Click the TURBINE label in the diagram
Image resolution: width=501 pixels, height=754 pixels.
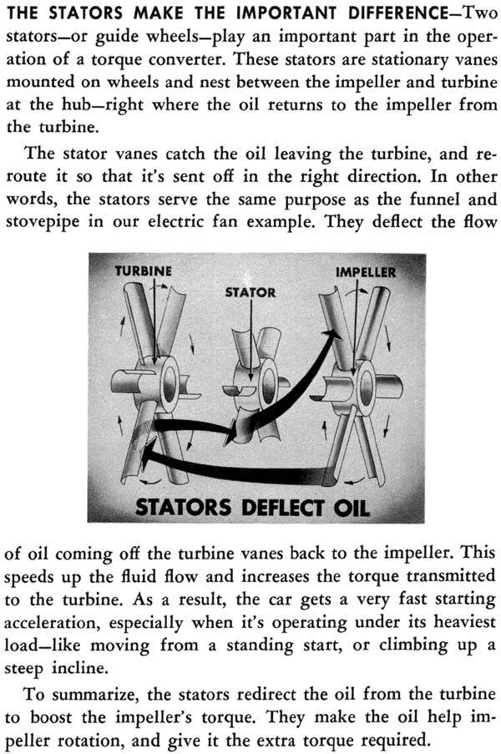point(143,271)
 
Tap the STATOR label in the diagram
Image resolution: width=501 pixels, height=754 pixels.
point(250,292)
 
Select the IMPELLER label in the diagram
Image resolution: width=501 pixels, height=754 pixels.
point(366,272)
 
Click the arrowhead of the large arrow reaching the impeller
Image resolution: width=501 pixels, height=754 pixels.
point(328,336)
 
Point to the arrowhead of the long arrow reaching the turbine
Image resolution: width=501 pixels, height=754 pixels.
point(149,451)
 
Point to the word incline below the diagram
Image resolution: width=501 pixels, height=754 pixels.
point(78,668)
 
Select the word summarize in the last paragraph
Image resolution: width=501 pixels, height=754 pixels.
point(93,695)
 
